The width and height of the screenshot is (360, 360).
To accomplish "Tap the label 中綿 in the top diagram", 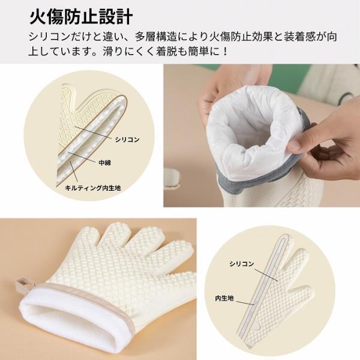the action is point(104,163).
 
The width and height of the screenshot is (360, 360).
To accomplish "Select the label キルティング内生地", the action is point(93,188).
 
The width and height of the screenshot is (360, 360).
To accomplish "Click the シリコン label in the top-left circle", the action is point(127,139).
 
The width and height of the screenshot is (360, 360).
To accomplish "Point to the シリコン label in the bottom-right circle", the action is point(242,264).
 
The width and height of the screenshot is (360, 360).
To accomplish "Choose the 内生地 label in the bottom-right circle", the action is point(224,298).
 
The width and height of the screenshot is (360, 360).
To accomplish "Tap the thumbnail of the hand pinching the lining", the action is point(262,136).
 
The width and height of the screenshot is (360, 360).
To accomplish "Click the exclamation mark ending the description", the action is point(225,51).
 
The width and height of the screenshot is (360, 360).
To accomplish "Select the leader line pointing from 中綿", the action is point(82,157).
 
